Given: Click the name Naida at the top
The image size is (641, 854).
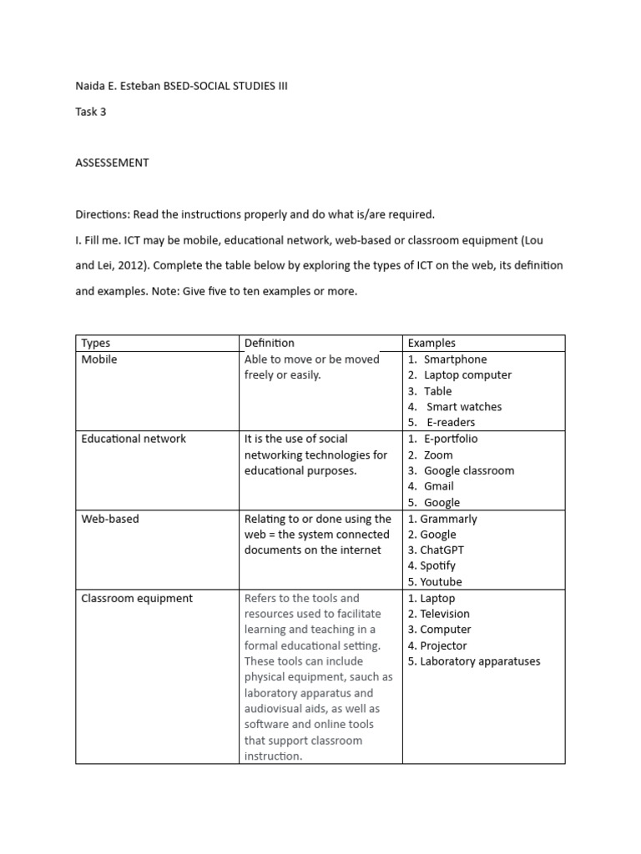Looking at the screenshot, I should pos(89,86).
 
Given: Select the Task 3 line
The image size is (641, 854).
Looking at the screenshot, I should pos(91,112).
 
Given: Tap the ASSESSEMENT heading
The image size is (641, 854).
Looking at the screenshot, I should pos(112,163).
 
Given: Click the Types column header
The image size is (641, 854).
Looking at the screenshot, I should pos(95,343).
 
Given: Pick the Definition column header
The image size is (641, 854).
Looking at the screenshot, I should pos(269,343).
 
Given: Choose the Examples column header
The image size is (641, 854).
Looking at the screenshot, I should pos(432,343).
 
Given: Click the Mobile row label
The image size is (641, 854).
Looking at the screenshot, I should pos(99,359).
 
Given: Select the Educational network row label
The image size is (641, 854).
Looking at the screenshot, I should pos(134,439).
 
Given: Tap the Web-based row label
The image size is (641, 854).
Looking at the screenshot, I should pos(110,519).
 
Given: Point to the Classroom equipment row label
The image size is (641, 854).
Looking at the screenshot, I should pos(137,598).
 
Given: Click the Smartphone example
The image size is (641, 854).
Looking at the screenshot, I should pos(455,359).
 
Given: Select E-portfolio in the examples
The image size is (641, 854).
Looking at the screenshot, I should pos(451,439).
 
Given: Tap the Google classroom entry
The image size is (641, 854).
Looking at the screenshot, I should pos(469,470).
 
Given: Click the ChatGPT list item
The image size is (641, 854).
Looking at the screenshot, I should pos(442,550).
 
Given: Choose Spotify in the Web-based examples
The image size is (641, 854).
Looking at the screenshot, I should pos(438,566).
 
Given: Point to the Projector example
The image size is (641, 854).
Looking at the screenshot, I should pos(443,646).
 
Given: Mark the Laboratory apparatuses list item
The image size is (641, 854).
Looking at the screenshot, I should pos(480,661).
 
